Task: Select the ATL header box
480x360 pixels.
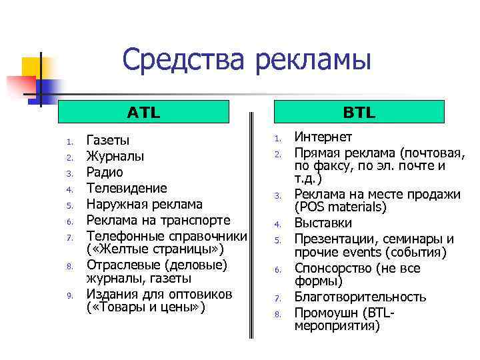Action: pos(143,111)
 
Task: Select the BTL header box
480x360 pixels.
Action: pos(359,111)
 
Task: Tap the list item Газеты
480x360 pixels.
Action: pos(108,141)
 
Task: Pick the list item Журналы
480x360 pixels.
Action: pos(115,157)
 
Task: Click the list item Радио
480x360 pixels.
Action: pos(105,172)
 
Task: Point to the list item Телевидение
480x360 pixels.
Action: pos(127,188)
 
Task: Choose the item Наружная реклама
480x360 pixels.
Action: pos(145,204)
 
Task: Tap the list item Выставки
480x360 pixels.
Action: pos(323,223)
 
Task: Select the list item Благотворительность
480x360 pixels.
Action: pos(360,297)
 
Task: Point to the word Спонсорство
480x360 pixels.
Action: pos(331,269)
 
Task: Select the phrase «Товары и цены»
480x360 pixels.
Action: pos(146,307)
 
